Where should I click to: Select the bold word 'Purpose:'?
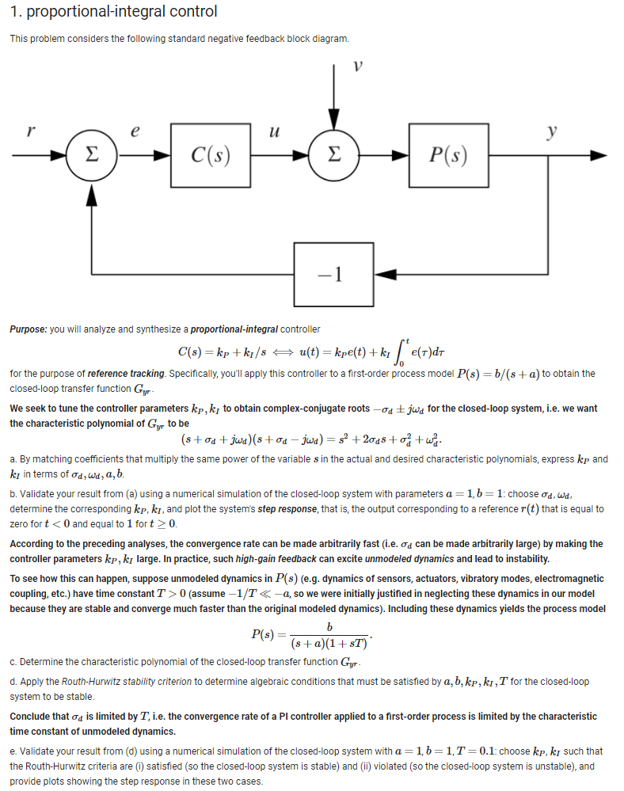tap(29, 329)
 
